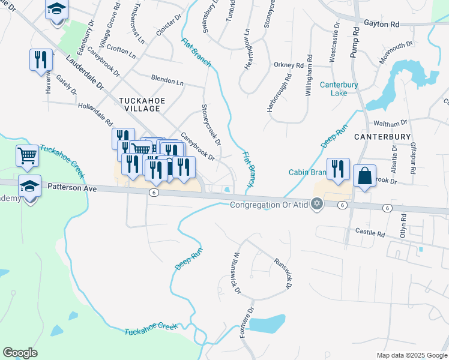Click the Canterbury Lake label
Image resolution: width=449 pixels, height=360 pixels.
pyautogui.click(x=339, y=89)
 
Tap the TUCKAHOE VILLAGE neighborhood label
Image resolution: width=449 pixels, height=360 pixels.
pyautogui.click(x=139, y=104)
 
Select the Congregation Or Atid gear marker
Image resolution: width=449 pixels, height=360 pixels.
pyautogui.click(x=317, y=205)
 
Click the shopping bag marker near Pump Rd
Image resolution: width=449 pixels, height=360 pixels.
pyautogui.click(x=364, y=176)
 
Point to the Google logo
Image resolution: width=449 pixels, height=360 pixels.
pyautogui.click(x=20, y=353)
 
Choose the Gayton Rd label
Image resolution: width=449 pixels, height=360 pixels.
pyautogui.click(x=382, y=25)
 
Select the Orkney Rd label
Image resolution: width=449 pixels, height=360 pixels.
pyautogui.click(x=289, y=65)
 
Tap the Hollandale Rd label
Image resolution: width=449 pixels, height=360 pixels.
pyautogui.click(x=95, y=114)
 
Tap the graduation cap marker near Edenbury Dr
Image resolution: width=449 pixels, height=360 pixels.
pyautogui.click(x=57, y=10)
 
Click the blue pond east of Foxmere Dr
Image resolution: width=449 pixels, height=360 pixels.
pyautogui.click(x=266, y=324)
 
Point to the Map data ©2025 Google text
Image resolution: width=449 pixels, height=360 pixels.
pyautogui.click(x=412, y=355)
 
